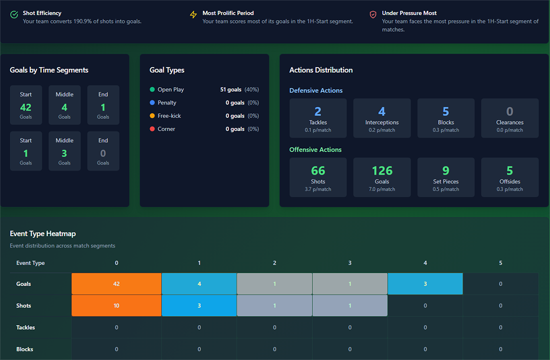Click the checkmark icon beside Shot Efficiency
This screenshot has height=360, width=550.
click(14, 15)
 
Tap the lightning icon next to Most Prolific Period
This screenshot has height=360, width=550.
click(193, 15)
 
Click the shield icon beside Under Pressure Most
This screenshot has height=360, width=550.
click(373, 15)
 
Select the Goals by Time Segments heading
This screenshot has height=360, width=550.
click(49, 70)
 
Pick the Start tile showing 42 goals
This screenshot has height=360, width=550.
click(26, 105)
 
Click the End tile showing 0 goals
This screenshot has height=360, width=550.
click(103, 151)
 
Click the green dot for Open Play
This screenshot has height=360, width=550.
click(152, 90)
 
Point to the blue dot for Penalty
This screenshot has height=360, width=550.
click(152, 103)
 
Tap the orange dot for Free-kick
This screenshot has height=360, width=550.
click(152, 116)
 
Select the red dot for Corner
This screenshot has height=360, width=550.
click(152, 129)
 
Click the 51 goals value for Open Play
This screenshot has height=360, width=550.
click(230, 90)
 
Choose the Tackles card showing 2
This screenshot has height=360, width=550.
click(318, 118)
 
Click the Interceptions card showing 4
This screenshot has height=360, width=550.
click(382, 118)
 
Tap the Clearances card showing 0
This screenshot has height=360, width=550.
click(509, 118)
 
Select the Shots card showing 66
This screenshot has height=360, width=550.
click(318, 177)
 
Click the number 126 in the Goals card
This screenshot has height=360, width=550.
click(382, 171)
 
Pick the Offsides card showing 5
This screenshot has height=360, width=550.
click(509, 177)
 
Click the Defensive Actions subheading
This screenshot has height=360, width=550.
click(316, 91)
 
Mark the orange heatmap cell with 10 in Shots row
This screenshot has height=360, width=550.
click(116, 306)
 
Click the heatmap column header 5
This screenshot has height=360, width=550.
click(501, 263)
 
